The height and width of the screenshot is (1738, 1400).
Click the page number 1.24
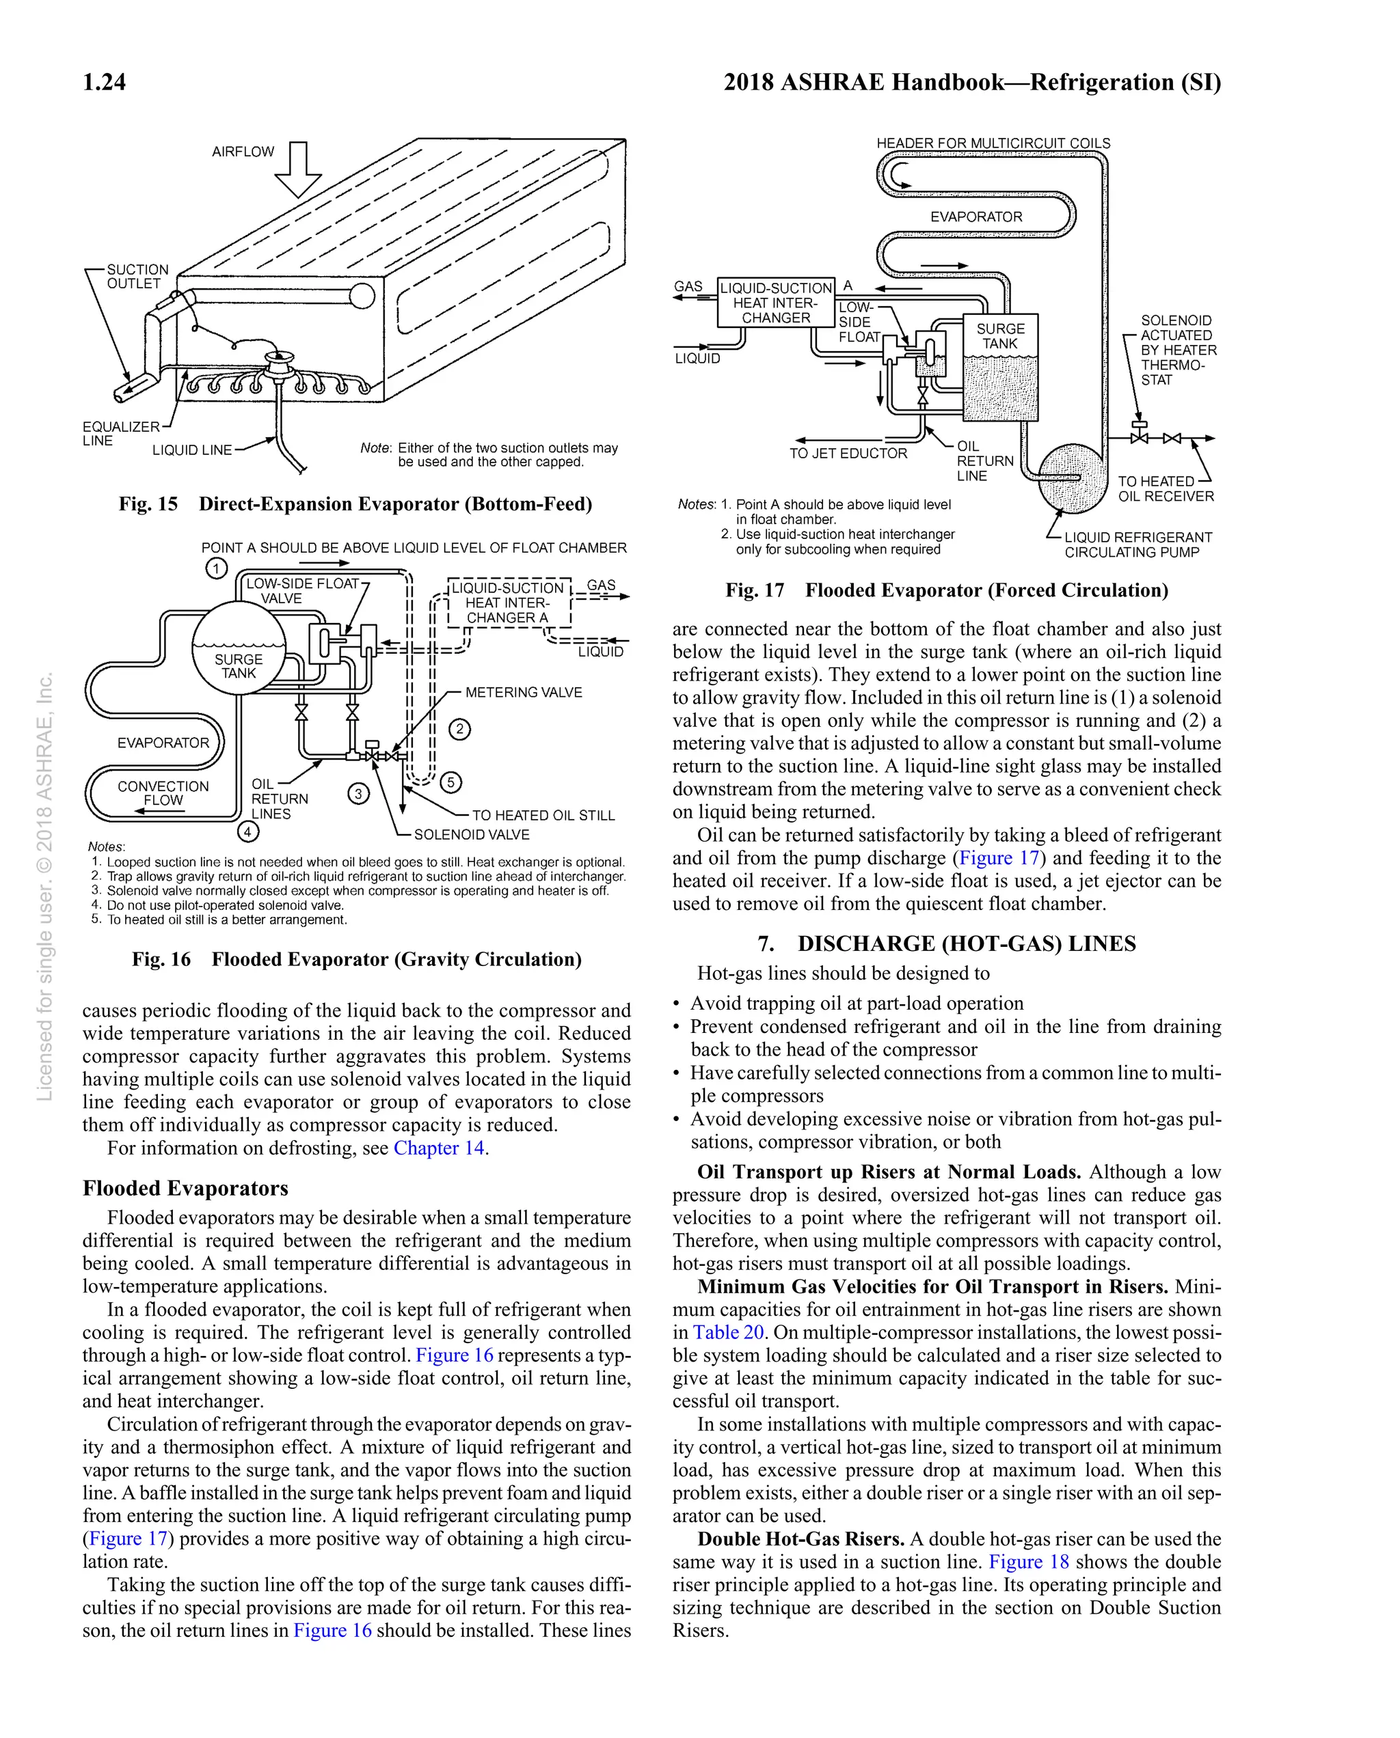[104, 82]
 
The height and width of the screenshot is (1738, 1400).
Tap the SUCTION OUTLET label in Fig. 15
[138, 277]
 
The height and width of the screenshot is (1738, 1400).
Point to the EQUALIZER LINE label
[121, 433]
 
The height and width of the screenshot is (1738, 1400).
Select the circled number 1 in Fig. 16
[216, 568]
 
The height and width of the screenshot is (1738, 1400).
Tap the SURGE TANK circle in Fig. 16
[239, 648]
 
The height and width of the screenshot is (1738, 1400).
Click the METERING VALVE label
[524, 693]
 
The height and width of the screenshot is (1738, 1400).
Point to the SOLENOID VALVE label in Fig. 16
[472, 834]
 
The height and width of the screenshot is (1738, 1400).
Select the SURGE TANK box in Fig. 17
[1001, 367]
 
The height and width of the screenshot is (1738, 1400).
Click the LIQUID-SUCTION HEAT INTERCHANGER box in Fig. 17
[776, 303]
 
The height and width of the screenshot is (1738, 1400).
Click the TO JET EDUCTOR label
[848, 454]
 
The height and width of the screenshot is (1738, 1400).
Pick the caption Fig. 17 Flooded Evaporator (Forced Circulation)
[947, 590]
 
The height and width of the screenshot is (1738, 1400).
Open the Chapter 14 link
[439, 1148]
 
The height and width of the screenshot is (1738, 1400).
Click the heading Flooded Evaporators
[185, 1188]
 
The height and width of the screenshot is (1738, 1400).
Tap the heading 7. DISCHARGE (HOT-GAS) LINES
[947, 943]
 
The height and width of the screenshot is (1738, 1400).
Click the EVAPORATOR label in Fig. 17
[975, 217]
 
